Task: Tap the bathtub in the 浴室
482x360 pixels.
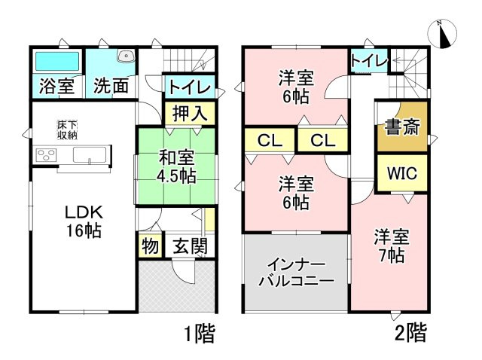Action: (x=56, y=60)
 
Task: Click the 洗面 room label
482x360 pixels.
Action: (x=110, y=85)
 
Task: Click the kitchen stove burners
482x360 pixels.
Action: (x=46, y=157)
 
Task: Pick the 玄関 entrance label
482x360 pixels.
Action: (x=187, y=247)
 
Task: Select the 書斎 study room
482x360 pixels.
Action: (x=401, y=125)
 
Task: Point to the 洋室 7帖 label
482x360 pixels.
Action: (x=392, y=246)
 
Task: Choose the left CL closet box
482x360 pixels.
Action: (x=267, y=139)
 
